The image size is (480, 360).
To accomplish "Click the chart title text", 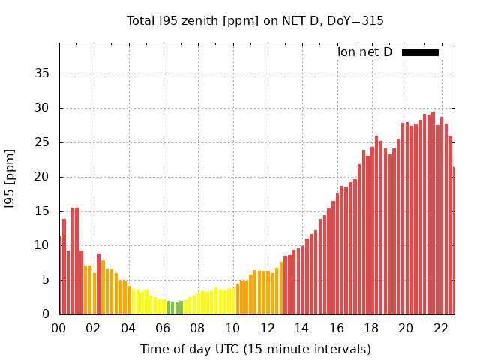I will tap(255, 20).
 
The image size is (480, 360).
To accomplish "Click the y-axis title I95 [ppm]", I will tap(10, 178).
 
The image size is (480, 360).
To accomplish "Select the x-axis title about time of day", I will tap(255, 349).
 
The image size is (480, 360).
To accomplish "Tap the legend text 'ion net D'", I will tap(364, 52).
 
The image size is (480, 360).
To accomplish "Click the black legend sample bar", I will tap(420, 52).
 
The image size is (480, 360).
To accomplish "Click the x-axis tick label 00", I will tap(59, 328).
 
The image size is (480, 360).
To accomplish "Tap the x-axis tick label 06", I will tap(163, 328).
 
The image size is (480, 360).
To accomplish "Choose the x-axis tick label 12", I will tap(267, 328).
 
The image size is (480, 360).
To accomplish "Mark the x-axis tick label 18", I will tap(371, 328).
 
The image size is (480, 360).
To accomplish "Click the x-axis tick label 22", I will tap(440, 328).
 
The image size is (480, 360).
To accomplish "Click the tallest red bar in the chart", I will tap(433, 214).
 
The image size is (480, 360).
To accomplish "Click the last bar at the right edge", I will tap(453, 240).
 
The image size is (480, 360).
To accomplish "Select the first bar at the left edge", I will tap(61, 275).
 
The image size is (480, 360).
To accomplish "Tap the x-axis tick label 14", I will tap(301, 328).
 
